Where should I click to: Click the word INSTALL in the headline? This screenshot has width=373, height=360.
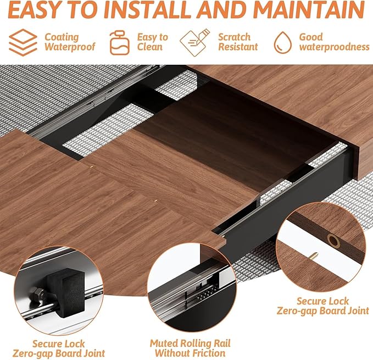pyautogui.click(x=148, y=10)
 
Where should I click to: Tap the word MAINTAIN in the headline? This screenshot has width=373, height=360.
pyautogui.click(x=309, y=10)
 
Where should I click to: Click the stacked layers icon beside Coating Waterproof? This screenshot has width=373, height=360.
pyautogui.click(x=23, y=42)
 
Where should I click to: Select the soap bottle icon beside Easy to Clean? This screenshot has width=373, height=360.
pyautogui.click(x=119, y=42)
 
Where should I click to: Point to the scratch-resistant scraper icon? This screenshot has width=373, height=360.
pyautogui.click(x=195, y=42)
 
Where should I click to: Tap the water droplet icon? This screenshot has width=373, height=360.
pyautogui.click(x=282, y=42)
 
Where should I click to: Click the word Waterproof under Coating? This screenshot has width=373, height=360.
pyautogui.click(x=70, y=47)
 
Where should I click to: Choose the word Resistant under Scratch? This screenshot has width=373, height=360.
pyautogui.click(x=238, y=47)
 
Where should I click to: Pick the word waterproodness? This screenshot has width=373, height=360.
pyautogui.click(x=334, y=47)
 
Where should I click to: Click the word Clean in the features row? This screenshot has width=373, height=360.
pyautogui.click(x=150, y=47)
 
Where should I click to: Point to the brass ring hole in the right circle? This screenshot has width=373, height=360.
pyautogui.click(x=333, y=241)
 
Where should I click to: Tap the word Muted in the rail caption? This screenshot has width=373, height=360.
pyautogui.click(x=164, y=344)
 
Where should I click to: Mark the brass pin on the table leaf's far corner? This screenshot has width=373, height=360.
pyautogui.click(x=156, y=201)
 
